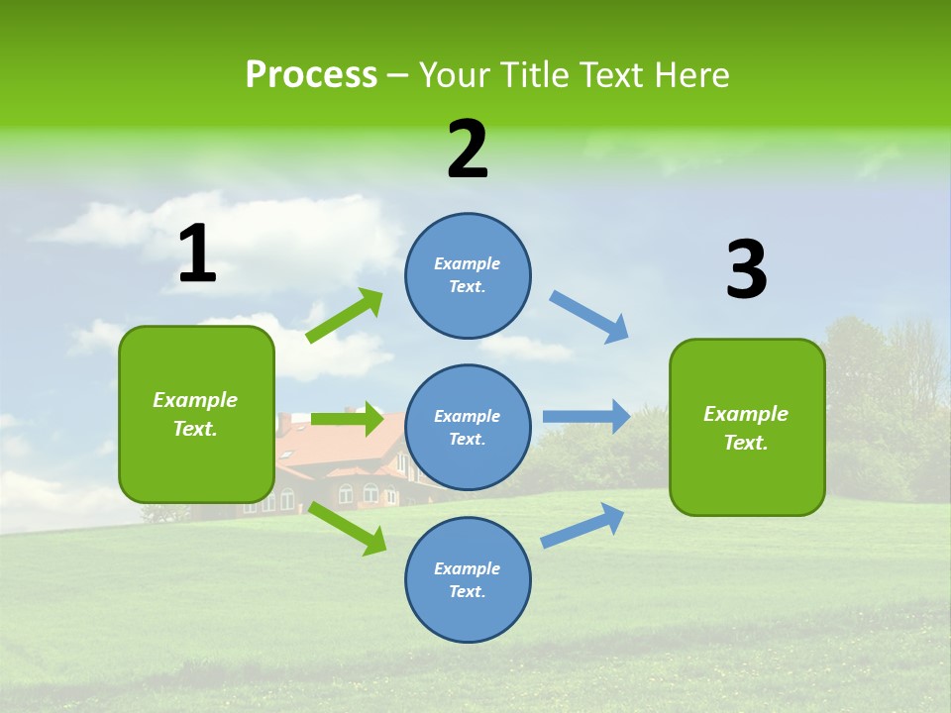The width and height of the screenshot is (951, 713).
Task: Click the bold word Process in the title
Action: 311,75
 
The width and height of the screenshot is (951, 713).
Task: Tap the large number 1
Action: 197,255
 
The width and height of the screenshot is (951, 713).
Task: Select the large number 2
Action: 468,150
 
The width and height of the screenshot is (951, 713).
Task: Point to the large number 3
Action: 747,269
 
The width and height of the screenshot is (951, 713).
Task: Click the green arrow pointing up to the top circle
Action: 345,316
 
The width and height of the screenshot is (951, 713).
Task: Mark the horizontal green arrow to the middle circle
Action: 347,419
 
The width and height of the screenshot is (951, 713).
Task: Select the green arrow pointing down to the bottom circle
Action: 347,528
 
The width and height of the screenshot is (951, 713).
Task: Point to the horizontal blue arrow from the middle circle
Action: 585,416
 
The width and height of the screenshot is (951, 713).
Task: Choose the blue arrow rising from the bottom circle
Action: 582,526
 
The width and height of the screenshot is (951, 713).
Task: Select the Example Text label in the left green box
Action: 195,414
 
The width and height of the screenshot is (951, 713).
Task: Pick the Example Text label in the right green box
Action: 746,428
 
